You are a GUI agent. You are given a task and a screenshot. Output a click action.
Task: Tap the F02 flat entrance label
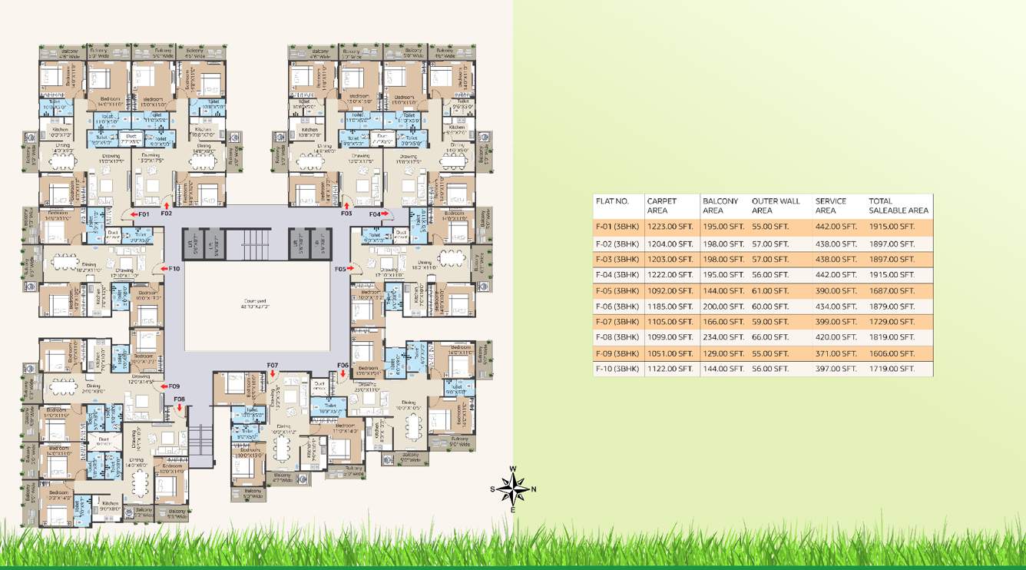tap(167, 214)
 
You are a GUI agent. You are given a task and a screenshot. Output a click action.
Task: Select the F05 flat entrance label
tap(340, 269)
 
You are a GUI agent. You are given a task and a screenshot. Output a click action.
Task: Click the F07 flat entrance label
tap(273, 364)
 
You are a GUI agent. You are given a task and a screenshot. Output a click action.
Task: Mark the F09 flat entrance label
tap(174, 386)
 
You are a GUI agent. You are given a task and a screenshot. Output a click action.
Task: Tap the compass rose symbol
tap(512, 489)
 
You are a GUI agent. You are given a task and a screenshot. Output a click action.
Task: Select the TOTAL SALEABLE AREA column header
tap(898, 206)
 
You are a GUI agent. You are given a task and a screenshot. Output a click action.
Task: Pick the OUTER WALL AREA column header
tap(776, 206)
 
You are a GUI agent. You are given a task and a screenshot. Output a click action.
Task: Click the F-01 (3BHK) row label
tap(617, 227)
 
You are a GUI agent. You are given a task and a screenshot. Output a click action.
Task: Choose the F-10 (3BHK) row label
tap(617, 369)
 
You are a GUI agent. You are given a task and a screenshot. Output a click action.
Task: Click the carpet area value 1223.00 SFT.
tap(670, 227)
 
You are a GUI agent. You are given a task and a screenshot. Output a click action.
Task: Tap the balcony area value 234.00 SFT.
tap(723, 337)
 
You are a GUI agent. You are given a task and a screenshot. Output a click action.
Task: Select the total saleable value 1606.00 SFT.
tap(892, 353)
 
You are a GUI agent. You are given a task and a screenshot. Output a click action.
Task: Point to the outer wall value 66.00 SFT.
tap(770, 337)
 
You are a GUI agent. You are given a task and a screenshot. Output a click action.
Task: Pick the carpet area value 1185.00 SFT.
tap(670, 307)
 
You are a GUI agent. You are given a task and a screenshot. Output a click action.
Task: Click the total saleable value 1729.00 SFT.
tap(892, 322)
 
